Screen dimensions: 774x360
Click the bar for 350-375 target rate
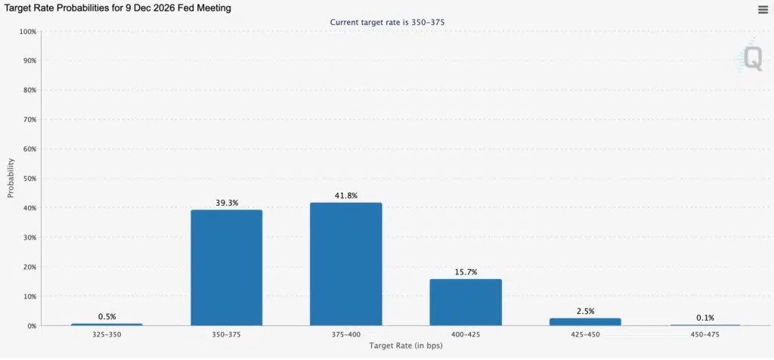coord(227,268)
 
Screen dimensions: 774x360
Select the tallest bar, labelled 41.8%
coord(346,264)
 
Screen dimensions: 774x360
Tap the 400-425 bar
coord(466,303)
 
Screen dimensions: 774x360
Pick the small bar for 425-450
coord(585,322)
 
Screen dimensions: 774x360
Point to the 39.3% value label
coord(227,203)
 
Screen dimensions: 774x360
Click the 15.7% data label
coord(466,272)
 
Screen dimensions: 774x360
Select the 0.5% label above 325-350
coord(107,317)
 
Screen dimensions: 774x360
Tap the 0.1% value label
coord(705,318)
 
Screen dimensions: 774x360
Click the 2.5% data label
coord(586,311)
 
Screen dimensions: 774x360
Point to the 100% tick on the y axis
coord(28,32)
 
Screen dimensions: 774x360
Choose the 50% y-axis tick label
coord(29,178)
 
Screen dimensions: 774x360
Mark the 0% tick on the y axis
coord(32,326)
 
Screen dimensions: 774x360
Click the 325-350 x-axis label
coord(107,335)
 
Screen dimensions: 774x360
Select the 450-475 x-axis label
coord(705,335)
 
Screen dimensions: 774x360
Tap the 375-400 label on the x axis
coord(346,335)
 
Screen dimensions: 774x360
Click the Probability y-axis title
coord(11,178)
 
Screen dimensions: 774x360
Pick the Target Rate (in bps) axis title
coord(406,346)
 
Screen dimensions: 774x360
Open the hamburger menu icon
coord(763,9)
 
